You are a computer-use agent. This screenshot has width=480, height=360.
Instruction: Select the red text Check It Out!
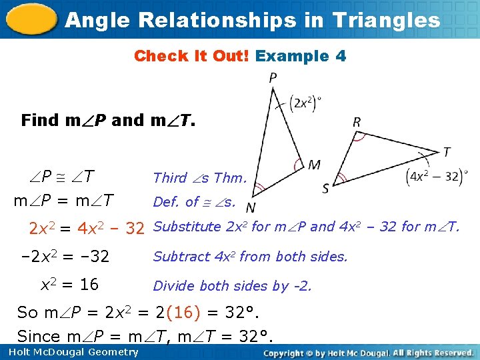point(191,56)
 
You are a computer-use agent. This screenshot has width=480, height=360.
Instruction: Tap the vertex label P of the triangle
point(273,79)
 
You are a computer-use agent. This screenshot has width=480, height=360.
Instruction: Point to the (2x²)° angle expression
point(306,103)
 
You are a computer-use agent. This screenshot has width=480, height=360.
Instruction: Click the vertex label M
point(314,164)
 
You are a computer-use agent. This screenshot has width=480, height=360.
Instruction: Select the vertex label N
point(251,207)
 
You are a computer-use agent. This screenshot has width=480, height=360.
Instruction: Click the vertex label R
point(357,122)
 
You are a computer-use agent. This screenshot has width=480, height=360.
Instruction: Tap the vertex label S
point(325,189)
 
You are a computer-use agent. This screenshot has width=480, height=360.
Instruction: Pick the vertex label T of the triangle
point(446,153)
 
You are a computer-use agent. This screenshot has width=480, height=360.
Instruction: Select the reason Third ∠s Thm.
point(200,177)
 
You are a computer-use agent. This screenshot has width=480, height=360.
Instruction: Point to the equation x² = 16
point(69,285)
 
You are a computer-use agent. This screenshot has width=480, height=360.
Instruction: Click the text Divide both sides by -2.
point(232,286)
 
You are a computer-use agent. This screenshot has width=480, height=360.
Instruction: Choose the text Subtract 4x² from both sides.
point(250,257)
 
